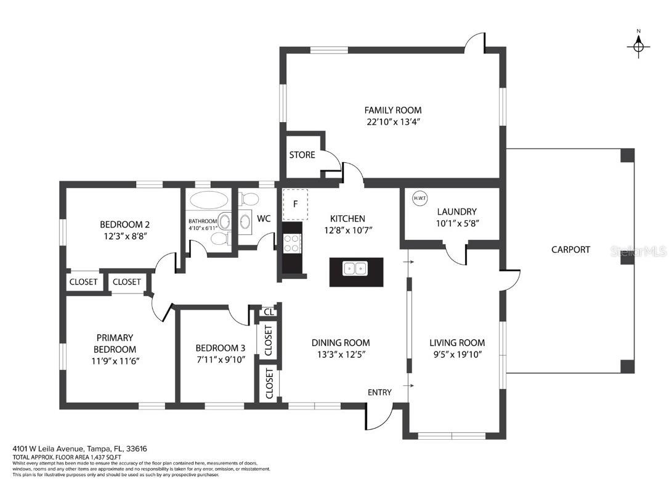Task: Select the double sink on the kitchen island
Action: [356, 269]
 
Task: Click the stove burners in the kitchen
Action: [292, 243]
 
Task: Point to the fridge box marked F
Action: [295, 204]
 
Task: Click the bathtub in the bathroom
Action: [209, 200]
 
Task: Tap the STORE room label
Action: [302, 155]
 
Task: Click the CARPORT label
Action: [570, 250]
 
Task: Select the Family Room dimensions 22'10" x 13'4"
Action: [394, 121]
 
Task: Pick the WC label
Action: [264, 219]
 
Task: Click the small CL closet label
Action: [269, 312]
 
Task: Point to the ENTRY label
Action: [379, 392]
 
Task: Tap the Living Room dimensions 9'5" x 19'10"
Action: [456, 354]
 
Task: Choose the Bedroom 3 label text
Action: [220, 348]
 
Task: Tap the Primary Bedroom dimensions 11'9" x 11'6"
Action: [115, 361]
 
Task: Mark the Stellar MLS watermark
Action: [638, 251]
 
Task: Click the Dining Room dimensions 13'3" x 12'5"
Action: [340, 354]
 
